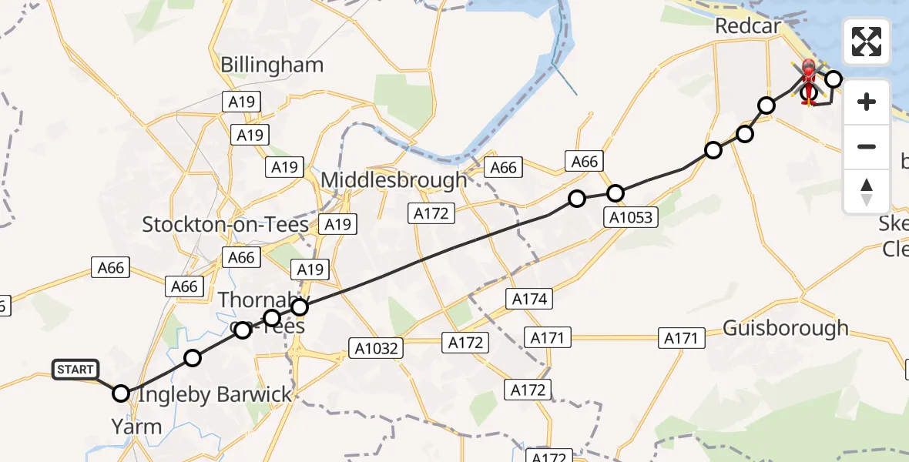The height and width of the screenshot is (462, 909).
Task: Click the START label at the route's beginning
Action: tap(75, 370)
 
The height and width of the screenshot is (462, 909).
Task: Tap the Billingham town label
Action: tap(272, 65)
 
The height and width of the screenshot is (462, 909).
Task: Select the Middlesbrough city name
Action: tap(394, 180)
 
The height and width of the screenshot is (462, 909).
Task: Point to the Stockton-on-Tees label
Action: tap(226, 225)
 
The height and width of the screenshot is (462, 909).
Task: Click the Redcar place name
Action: tap(747, 25)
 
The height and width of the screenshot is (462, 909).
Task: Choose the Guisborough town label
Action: tap(785, 329)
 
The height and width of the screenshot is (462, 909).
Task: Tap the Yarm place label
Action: tap(136, 427)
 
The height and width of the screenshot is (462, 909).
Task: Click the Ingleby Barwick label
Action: tap(215, 395)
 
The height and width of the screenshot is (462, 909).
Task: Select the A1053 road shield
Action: tap(631, 217)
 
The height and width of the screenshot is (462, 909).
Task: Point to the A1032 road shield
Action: tap(377, 348)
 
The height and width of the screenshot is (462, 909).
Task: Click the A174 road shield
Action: tap(528, 299)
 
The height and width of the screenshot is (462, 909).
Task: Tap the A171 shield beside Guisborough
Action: tap(681, 337)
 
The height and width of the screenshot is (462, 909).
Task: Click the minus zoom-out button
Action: tap(867, 146)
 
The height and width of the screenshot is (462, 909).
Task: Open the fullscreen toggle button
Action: tap(867, 42)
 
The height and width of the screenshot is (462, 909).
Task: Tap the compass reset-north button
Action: tap(867, 191)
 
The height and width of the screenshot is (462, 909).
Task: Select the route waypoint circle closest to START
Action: tap(121, 393)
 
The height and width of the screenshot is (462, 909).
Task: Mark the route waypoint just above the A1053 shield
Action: tap(615, 192)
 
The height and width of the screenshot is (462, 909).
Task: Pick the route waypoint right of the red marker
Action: tap(833, 79)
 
